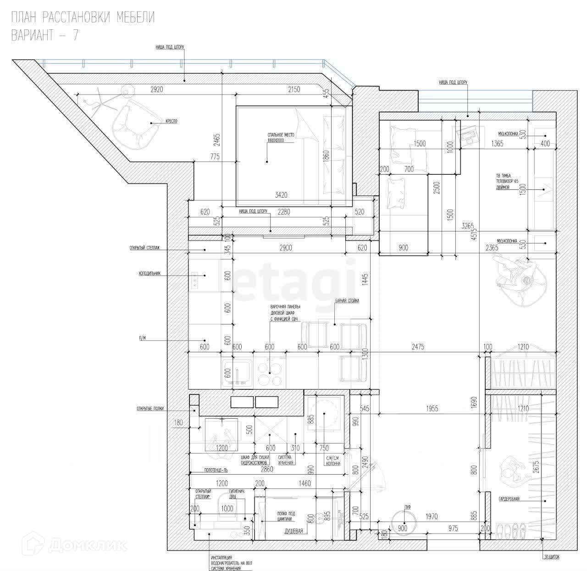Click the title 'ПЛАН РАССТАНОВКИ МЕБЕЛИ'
pos(83,18)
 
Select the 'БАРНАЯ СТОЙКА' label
pos(347,301)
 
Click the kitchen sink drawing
pos(237,372)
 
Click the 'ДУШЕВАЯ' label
pos(293,531)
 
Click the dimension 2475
pos(418,347)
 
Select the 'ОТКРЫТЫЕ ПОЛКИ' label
pos(150,408)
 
